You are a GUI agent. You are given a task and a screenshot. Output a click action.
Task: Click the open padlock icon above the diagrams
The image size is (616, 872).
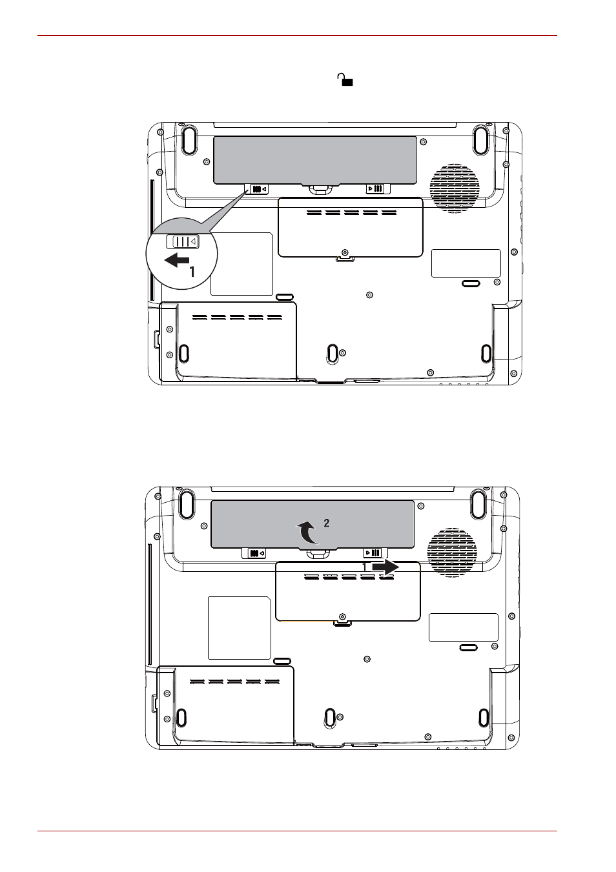[x=345, y=79]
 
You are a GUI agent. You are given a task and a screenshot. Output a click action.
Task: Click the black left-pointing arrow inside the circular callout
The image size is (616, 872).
[x=177, y=259]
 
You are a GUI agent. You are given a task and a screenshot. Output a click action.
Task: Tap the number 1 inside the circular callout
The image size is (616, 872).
[x=192, y=272]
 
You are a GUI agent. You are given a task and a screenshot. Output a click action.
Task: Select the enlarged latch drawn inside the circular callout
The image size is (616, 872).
[x=183, y=241]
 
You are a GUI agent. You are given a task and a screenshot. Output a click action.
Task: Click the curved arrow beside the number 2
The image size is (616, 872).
[x=307, y=532]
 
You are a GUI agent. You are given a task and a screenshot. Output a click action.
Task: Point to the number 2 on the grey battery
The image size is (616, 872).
[x=326, y=523]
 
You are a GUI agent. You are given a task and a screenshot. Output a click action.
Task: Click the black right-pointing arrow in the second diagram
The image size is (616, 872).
[x=385, y=567]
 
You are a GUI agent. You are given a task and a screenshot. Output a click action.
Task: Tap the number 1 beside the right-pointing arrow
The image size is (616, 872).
[x=364, y=567]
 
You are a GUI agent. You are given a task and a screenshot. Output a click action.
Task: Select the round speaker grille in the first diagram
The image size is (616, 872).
[x=455, y=188]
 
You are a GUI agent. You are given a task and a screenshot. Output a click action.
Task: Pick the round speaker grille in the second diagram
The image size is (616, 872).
[x=452, y=553]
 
